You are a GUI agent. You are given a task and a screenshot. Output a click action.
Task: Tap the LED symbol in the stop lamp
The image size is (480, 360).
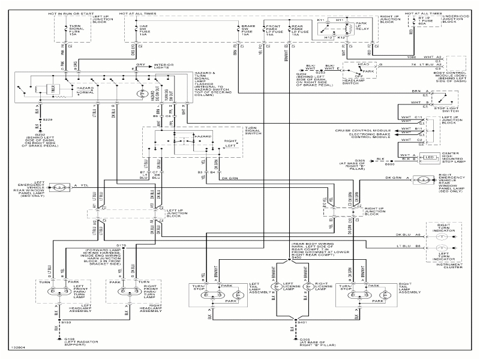pyautogui.click(x=430, y=157)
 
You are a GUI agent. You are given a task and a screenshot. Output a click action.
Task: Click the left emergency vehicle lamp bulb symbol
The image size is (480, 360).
pyautogui.click(x=60, y=187)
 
